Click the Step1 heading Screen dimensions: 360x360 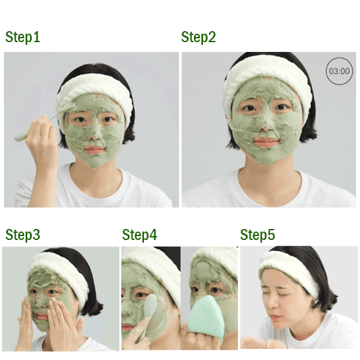(23, 37)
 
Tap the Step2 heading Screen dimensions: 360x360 (198, 37)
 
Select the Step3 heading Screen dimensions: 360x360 (23, 235)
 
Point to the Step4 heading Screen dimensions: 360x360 (139, 235)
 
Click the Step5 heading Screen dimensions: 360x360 (258, 235)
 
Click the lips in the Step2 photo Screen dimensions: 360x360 (267, 142)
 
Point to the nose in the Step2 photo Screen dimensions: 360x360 (266, 126)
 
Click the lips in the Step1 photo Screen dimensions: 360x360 (95, 150)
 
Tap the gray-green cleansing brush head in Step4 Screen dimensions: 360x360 (150, 306)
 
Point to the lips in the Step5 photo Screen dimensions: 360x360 (274, 318)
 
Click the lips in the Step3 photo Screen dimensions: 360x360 (42, 317)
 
